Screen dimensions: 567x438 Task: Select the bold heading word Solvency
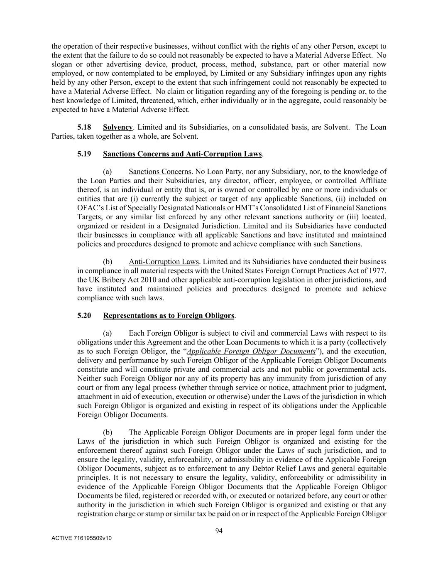pos(117,127)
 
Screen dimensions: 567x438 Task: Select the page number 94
pos(219,530)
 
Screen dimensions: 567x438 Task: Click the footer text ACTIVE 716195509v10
pos(81,538)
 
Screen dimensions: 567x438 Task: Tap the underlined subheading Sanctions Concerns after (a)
pos(160,172)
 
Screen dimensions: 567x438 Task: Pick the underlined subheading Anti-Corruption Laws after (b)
pos(164,262)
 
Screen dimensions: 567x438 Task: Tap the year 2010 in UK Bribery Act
pos(149,280)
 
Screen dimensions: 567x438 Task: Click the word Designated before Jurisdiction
pos(181,226)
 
